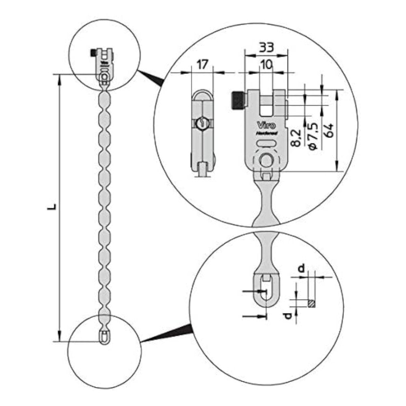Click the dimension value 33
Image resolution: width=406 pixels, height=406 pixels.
[x=266, y=48]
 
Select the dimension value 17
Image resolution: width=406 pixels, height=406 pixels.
[x=202, y=64]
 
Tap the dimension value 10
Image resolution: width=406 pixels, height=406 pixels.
[x=266, y=64]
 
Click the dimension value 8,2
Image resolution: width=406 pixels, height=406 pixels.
[x=297, y=138]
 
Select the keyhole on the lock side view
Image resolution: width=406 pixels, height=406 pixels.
[x=201, y=123]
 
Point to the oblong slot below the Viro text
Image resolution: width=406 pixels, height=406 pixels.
[x=266, y=143]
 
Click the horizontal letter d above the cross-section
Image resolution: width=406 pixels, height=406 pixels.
[x=301, y=268]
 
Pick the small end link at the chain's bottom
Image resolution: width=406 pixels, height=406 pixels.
[x=104, y=337]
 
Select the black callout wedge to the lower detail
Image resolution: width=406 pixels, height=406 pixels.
[x=171, y=334]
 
